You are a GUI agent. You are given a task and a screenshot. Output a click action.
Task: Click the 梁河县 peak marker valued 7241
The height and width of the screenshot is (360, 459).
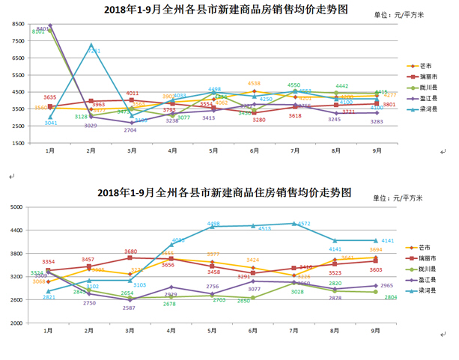pyautogui.click(x=91, y=45)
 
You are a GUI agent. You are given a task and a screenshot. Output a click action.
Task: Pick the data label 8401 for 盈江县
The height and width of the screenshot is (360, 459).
pyautogui.click(x=43, y=28)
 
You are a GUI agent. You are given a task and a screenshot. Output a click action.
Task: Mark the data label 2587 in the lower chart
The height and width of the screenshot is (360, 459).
pyautogui.click(x=130, y=308)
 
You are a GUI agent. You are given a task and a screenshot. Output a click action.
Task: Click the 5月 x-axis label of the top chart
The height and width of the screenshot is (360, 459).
pyautogui.click(x=213, y=150)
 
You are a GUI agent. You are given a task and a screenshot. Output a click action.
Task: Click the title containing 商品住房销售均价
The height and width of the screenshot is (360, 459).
pyautogui.click(x=224, y=192)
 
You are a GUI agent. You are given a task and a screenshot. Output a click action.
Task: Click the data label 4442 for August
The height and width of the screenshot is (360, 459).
pyautogui.click(x=341, y=86)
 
